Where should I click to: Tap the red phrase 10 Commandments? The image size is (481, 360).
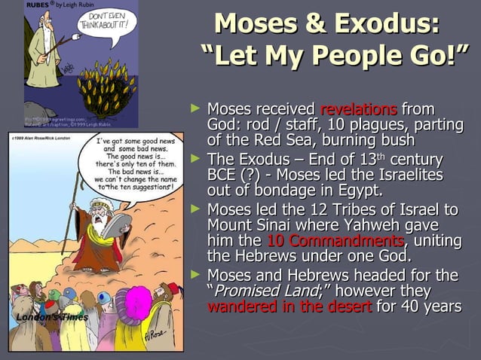[335, 241]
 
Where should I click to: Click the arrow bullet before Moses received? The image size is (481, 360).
[198, 110]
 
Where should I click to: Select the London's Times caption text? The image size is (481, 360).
[50, 317]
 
